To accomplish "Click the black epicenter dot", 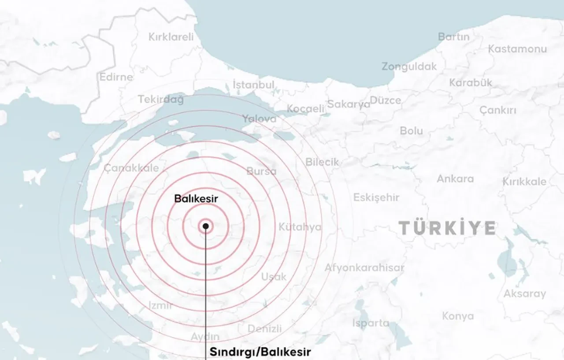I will (205, 226).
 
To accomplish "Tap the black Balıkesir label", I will (196, 199).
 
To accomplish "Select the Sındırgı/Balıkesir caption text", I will (260, 352).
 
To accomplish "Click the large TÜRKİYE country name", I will (447, 228).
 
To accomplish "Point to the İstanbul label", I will (253, 84).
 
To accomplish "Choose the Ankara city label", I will (455, 179).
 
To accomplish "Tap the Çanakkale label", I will (131, 168).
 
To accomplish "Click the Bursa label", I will (261, 171).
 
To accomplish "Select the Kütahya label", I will (300, 227).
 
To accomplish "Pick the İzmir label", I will (160, 305).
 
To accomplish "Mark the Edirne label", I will (116, 77).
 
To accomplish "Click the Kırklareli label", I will (171, 37).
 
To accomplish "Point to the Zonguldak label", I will (409, 67).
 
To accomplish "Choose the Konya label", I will (458, 316).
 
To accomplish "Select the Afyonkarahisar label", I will (364, 267).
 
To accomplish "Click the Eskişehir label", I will (376, 197).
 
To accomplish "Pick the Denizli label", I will (264, 329).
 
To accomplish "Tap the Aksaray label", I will (524, 293).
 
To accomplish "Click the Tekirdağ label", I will (160, 100).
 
